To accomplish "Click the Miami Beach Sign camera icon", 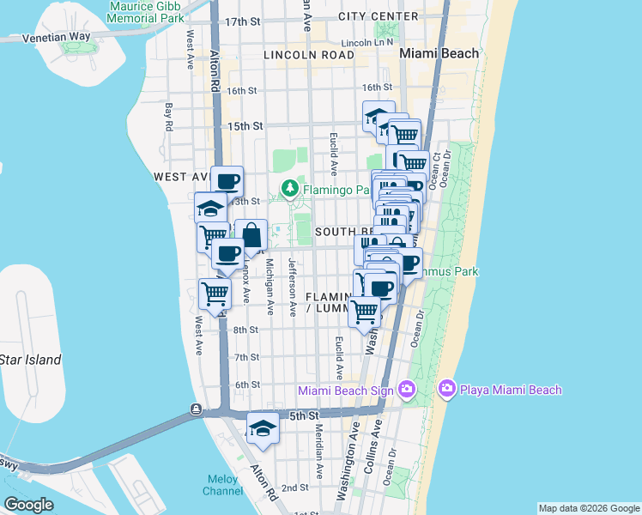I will (x=406, y=391).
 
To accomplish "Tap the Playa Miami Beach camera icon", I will (x=446, y=390).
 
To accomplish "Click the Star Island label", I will (x=31, y=360).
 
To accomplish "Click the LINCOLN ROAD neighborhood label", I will (x=309, y=54).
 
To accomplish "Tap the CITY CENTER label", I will (x=379, y=16).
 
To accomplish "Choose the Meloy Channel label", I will (x=223, y=485).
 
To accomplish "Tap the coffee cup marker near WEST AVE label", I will (x=227, y=181).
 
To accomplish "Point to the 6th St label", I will (x=246, y=385).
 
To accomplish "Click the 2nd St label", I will (x=294, y=488).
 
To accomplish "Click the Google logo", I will (x=28, y=505).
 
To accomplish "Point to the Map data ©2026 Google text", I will (x=588, y=508).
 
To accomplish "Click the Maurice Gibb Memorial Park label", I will (x=147, y=11).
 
